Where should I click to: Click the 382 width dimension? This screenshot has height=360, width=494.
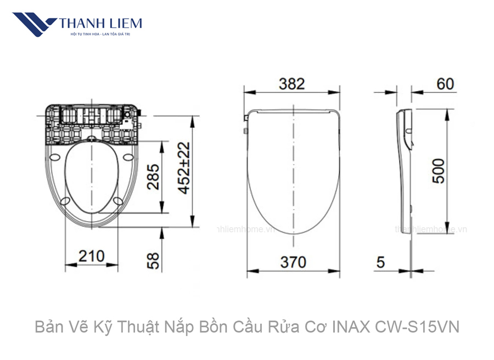pos(291,84)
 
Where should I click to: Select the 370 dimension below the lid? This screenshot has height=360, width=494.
pos(293,262)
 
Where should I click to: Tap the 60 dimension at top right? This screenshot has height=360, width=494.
pos(445,84)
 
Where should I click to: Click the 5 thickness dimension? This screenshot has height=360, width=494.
pos(380,262)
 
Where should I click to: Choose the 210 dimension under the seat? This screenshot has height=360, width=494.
pos(91,256)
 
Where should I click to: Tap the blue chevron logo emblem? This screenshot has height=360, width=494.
pos(34,25)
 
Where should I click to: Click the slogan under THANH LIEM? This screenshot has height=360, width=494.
pos(100,35)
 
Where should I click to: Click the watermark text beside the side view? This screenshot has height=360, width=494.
pos(431,229)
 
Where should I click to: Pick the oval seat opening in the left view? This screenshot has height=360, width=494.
pos(91,177)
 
